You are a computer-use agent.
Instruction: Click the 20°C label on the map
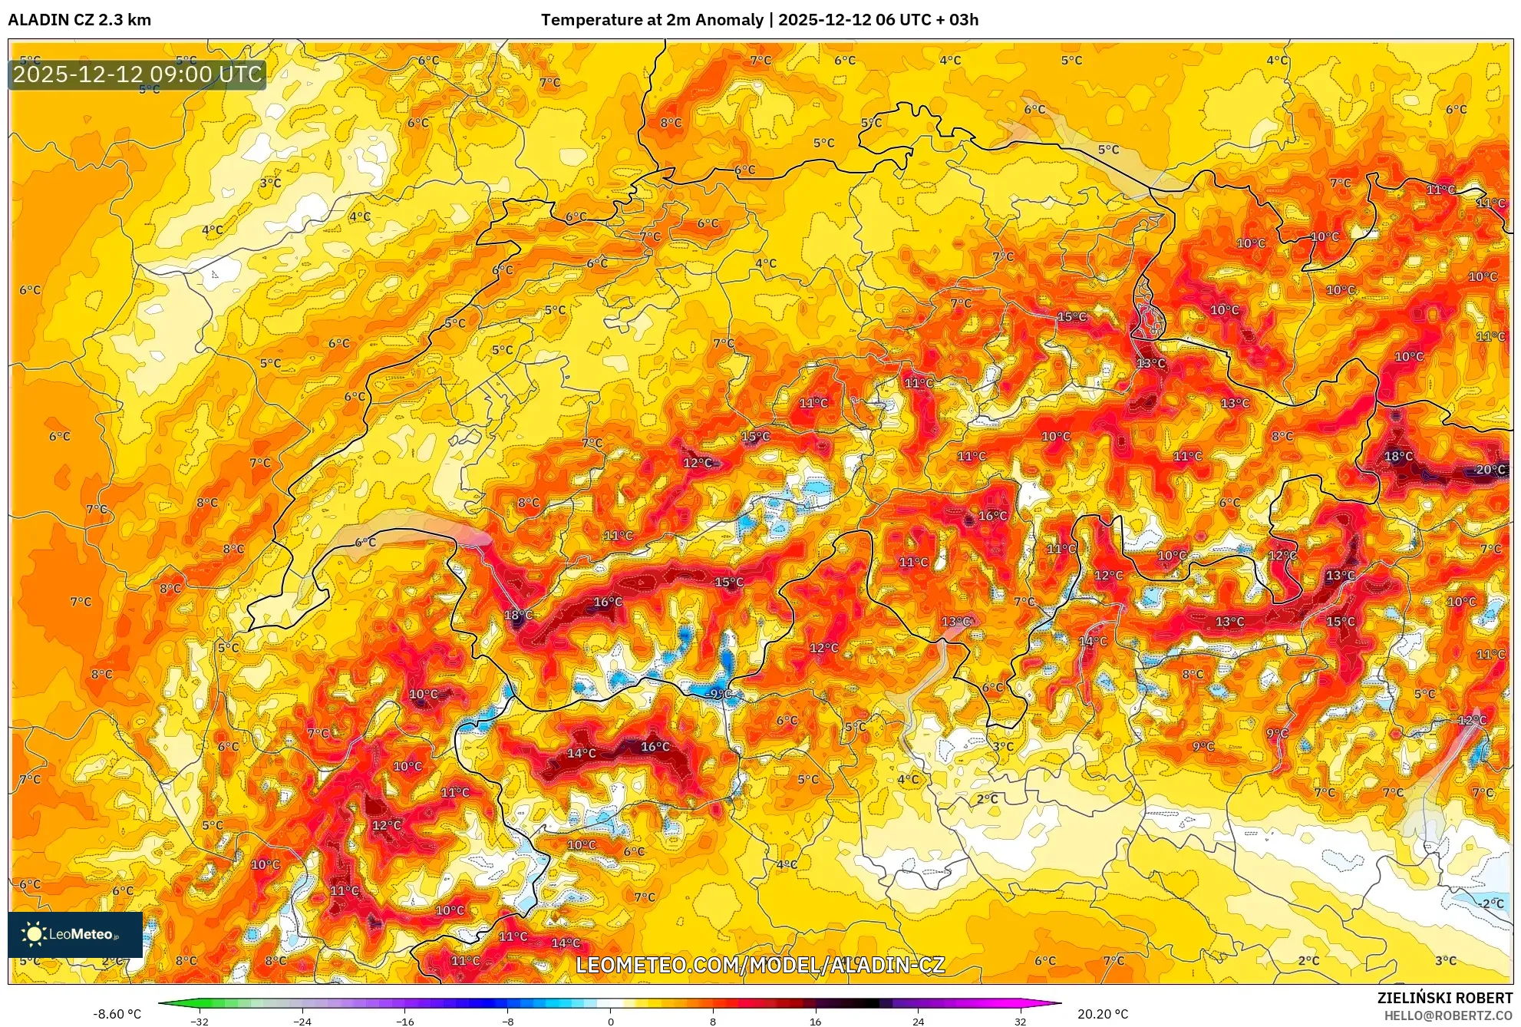coord(1490,470)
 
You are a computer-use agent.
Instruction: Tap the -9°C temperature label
coord(719,694)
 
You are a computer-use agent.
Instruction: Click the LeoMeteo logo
coord(75,934)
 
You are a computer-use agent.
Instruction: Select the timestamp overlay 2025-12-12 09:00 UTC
coord(137,74)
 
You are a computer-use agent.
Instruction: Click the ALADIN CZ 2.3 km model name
coord(79,20)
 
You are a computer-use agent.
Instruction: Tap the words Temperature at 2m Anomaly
coord(652,20)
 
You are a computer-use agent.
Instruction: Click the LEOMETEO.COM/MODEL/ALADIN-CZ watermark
coord(760,965)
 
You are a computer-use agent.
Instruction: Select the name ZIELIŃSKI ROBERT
coord(1444,998)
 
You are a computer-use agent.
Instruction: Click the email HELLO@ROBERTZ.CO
coord(1447,1015)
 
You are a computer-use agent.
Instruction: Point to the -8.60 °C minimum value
coord(117,1014)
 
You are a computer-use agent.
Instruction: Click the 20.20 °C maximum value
coord(1103,1014)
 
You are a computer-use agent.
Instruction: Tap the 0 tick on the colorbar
coord(611,1022)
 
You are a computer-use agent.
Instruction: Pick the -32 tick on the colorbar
coord(200,1022)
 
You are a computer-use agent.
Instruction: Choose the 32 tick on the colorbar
coord(1020,1022)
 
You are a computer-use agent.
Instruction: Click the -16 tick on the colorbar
coord(405,1022)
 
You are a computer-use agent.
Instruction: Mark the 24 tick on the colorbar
coord(918,1022)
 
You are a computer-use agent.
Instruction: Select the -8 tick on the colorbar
coord(508,1022)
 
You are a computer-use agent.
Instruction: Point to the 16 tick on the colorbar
coord(815,1022)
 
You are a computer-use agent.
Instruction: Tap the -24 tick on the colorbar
coord(302,1022)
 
